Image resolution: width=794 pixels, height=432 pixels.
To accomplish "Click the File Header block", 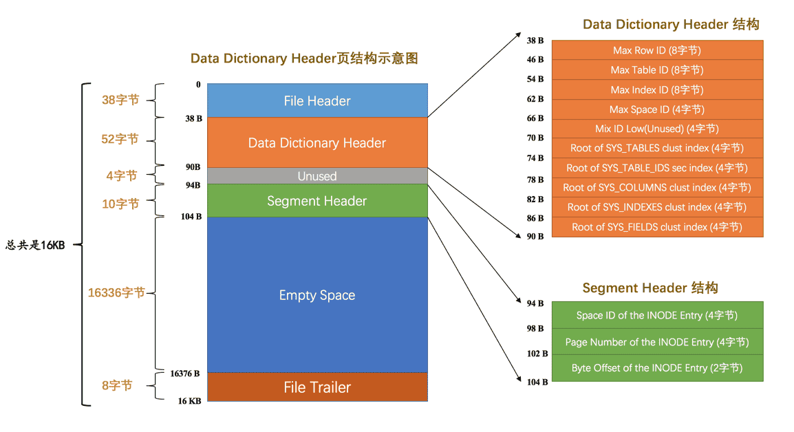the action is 317,100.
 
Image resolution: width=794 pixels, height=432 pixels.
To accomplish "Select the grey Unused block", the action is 317,175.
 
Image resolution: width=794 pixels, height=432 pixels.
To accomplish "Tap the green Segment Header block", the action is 317,201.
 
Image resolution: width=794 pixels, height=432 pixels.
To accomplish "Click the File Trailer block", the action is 317,387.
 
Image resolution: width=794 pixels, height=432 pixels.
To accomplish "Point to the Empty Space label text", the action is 317,295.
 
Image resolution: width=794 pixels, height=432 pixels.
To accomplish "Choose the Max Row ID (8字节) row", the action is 657,50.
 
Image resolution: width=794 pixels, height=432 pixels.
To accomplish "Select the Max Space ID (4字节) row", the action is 657,109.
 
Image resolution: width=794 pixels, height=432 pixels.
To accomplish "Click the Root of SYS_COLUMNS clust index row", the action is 657,187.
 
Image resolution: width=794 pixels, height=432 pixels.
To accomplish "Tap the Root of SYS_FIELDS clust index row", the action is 657,227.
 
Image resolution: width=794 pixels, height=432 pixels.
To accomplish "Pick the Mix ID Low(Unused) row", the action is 657,129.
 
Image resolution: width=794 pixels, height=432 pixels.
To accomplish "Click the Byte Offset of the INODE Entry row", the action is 657,368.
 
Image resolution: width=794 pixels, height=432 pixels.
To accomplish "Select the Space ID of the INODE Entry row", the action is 657,315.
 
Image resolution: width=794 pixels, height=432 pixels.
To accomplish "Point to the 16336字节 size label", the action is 116,293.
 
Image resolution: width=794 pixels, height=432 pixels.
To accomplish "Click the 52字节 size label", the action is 120,139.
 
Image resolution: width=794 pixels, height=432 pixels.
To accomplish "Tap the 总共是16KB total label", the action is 36,245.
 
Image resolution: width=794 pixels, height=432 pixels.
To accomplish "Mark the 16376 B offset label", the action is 185,374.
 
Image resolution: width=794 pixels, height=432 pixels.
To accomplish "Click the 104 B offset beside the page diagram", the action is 191,217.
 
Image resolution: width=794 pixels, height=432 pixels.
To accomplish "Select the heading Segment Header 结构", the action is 650,288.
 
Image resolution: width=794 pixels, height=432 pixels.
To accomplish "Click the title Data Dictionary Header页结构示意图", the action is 304,58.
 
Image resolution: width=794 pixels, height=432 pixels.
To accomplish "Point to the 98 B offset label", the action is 535,329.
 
